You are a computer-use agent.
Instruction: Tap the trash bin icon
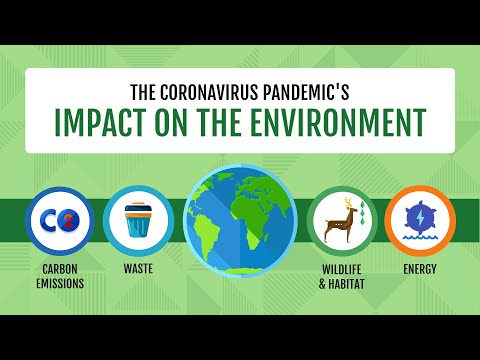138,221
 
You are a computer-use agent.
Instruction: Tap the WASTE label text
138,268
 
